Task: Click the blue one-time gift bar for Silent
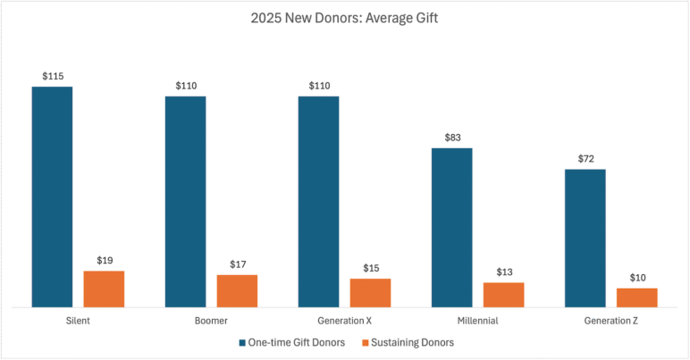pos(52,197)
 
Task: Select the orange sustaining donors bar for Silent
pos(104,289)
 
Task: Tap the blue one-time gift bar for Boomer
pos(185,201)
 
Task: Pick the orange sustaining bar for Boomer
pos(237,290)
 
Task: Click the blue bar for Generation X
pos(318,201)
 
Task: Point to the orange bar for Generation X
pos(370,292)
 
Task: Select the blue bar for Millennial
pos(451,227)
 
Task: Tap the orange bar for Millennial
pos(503,294)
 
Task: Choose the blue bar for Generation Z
pos(585,238)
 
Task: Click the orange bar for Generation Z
pos(636,297)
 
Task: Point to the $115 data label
pos(52,77)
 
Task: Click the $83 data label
pos(451,138)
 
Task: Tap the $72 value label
pos(585,159)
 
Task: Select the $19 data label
pos(104,261)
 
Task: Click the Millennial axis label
pos(477,320)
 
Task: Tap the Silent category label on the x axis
pos(78,320)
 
